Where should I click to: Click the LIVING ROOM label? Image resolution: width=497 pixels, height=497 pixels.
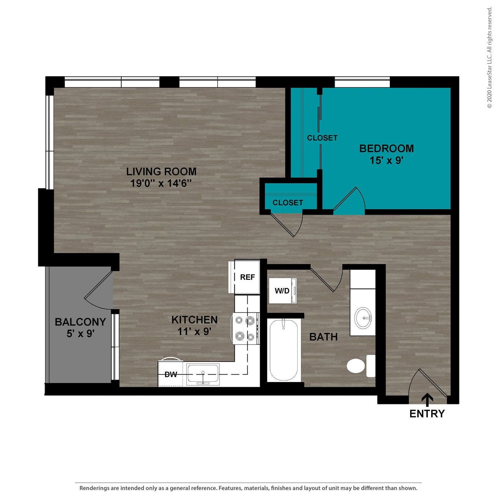161,171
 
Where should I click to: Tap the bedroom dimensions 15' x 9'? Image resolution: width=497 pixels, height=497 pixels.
387,160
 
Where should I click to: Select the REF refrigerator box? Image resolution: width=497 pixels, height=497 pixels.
247,277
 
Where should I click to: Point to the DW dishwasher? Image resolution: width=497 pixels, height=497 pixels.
171,375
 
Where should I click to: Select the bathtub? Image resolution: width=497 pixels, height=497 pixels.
283,349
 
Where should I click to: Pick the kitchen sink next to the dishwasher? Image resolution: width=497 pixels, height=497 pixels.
203,373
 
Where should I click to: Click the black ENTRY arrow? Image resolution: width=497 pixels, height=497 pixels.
427,400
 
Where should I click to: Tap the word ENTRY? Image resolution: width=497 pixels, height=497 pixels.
427,414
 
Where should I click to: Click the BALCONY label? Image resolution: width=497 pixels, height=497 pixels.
80,322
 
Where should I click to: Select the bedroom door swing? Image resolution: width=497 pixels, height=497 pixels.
350,201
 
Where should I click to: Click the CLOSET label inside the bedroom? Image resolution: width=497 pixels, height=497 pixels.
322,138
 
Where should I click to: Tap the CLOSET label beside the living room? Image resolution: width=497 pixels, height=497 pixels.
288,203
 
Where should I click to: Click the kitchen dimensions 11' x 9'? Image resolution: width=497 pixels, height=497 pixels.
194,331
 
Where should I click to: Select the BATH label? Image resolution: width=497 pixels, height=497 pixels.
323,337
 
